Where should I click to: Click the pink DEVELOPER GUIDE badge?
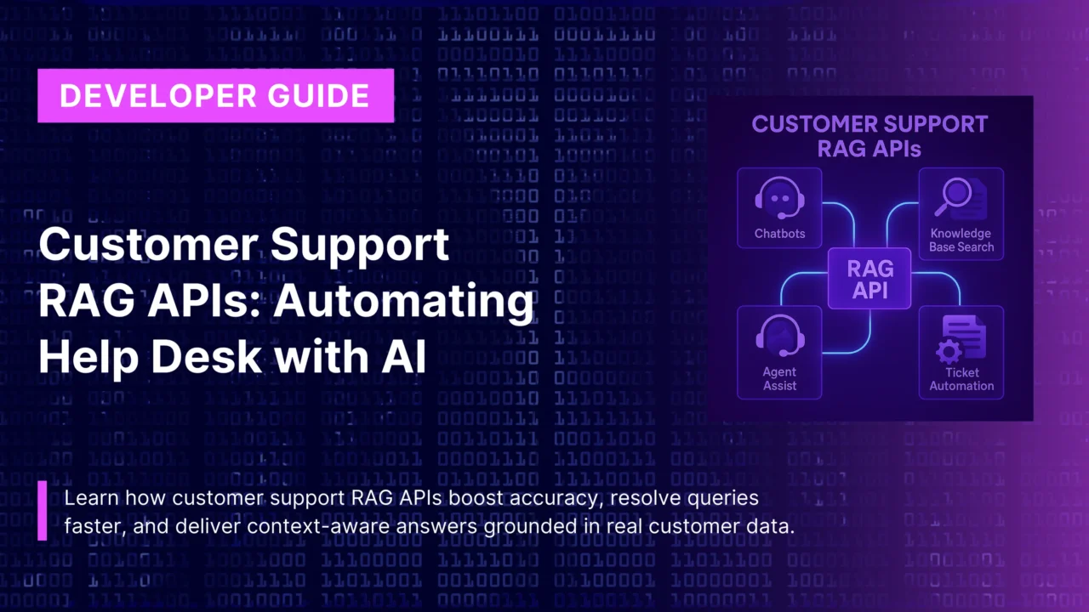click(214, 95)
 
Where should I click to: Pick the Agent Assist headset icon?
click(778, 335)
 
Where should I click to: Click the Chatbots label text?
click(779, 233)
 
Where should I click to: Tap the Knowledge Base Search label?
click(961, 240)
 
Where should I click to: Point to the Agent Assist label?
click(779, 379)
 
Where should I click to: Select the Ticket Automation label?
click(961, 379)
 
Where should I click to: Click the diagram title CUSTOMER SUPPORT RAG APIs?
click(869, 136)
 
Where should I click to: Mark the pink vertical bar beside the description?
click(43, 510)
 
